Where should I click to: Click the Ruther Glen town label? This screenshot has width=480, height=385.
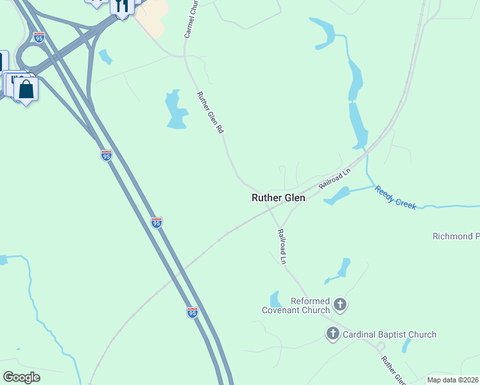coord(278,198)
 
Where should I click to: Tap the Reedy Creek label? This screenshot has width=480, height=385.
coord(395,197)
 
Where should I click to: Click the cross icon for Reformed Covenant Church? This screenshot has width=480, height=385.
coord(340,305)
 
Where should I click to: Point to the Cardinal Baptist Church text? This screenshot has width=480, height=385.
coord(390,334)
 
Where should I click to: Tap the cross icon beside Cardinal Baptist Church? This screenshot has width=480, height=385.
coord(332,334)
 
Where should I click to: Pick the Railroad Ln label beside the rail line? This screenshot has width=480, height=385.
coord(335,179)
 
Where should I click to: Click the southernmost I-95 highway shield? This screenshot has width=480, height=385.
coord(193,312)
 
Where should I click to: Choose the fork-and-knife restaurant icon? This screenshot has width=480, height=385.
coord(121,6)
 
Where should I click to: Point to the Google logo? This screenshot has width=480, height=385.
coord(21,377)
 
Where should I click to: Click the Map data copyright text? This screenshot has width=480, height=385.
coord(452,380)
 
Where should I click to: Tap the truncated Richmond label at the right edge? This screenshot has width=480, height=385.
coord(456,236)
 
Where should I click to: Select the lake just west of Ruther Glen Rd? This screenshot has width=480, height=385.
coord(175,110)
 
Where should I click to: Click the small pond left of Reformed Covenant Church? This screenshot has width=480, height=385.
coord(276,299)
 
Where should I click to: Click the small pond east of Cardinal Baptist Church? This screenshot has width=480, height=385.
coord(406,345)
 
